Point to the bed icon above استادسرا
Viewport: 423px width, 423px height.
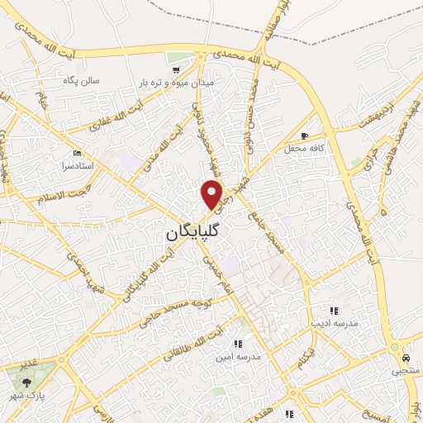click(x=78, y=154)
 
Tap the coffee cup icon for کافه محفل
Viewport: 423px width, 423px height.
click(x=305, y=135)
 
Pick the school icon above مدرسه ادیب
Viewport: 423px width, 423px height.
click(x=334, y=311)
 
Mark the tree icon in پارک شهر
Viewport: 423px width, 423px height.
click(x=27, y=383)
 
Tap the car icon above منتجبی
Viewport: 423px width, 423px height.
click(x=406, y=359)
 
